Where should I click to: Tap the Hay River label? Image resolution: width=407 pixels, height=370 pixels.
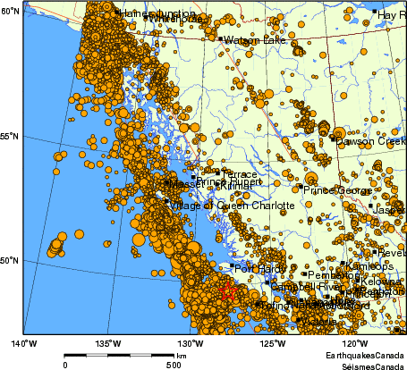tap(393, 15)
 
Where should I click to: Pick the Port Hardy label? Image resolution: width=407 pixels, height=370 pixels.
tap(258, 267)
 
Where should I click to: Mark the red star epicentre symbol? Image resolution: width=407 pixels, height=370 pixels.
tap(227, 290)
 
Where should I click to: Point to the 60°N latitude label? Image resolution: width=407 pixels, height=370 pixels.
tap(10, 11)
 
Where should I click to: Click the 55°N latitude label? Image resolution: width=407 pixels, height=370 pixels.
tap(10, 136)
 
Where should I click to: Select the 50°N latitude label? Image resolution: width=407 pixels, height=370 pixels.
tap(10, 261)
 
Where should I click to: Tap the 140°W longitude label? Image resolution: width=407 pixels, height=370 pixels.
tap(23, 343)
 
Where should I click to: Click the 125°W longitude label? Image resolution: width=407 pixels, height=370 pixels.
tap(272, 343)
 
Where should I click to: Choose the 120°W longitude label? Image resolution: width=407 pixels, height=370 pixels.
tap(354, 343)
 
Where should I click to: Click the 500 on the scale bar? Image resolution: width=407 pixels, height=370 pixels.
tap(174, 365)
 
